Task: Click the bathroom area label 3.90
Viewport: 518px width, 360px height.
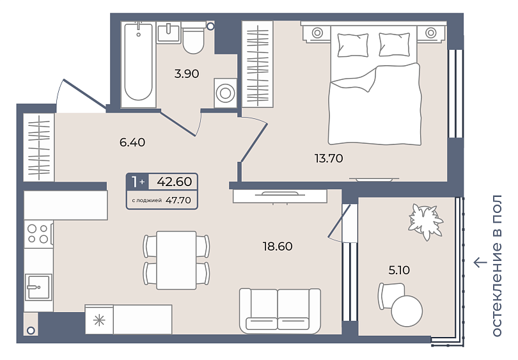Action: [187, 74]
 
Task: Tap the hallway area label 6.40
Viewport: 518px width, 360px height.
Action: [132, 143]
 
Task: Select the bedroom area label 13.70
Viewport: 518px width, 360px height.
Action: [329, 159]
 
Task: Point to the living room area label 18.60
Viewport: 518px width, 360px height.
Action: [278, 246]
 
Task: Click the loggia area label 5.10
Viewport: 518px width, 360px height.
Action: [399, 270]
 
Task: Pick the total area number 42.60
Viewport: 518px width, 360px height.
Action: [175, 182]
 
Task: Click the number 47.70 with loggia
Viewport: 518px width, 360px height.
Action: [178, 200]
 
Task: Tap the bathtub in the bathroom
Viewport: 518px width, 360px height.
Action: [138, 64]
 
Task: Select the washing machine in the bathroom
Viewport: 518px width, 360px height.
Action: [225, 93]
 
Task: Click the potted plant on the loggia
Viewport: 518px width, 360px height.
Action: [425, 222]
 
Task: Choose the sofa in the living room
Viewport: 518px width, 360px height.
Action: [280, 311]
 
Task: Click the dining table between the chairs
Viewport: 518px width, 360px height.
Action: [177, 260]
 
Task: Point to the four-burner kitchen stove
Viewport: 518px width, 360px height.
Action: [38, 233]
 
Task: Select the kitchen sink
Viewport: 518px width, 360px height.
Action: [38, 287]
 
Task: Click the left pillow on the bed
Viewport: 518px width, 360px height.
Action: [353, 45]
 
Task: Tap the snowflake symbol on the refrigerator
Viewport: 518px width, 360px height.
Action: [99, 320]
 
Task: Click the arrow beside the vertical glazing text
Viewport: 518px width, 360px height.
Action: [480, 263]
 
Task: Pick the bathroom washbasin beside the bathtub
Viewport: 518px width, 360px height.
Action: [168, 33]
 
